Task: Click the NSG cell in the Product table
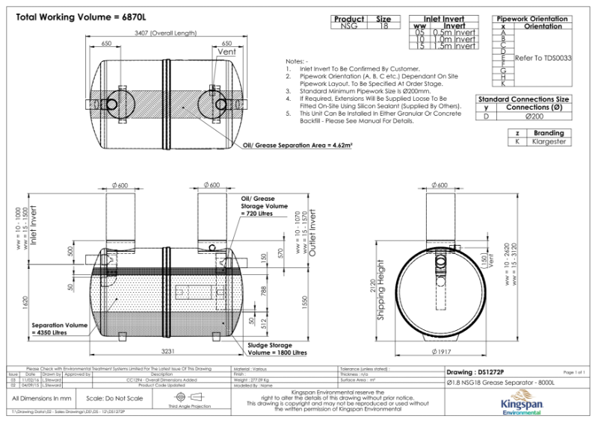(x=348, y=26)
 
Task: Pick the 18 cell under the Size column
(x=383, y=26)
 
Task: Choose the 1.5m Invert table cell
(x=454, y=46)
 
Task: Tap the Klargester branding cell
(x=549, y=141)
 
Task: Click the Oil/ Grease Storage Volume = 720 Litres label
(x=264, y=206)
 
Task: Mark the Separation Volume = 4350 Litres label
(x=59, y=329)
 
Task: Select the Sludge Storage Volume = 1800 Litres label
(x=277, y=350)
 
